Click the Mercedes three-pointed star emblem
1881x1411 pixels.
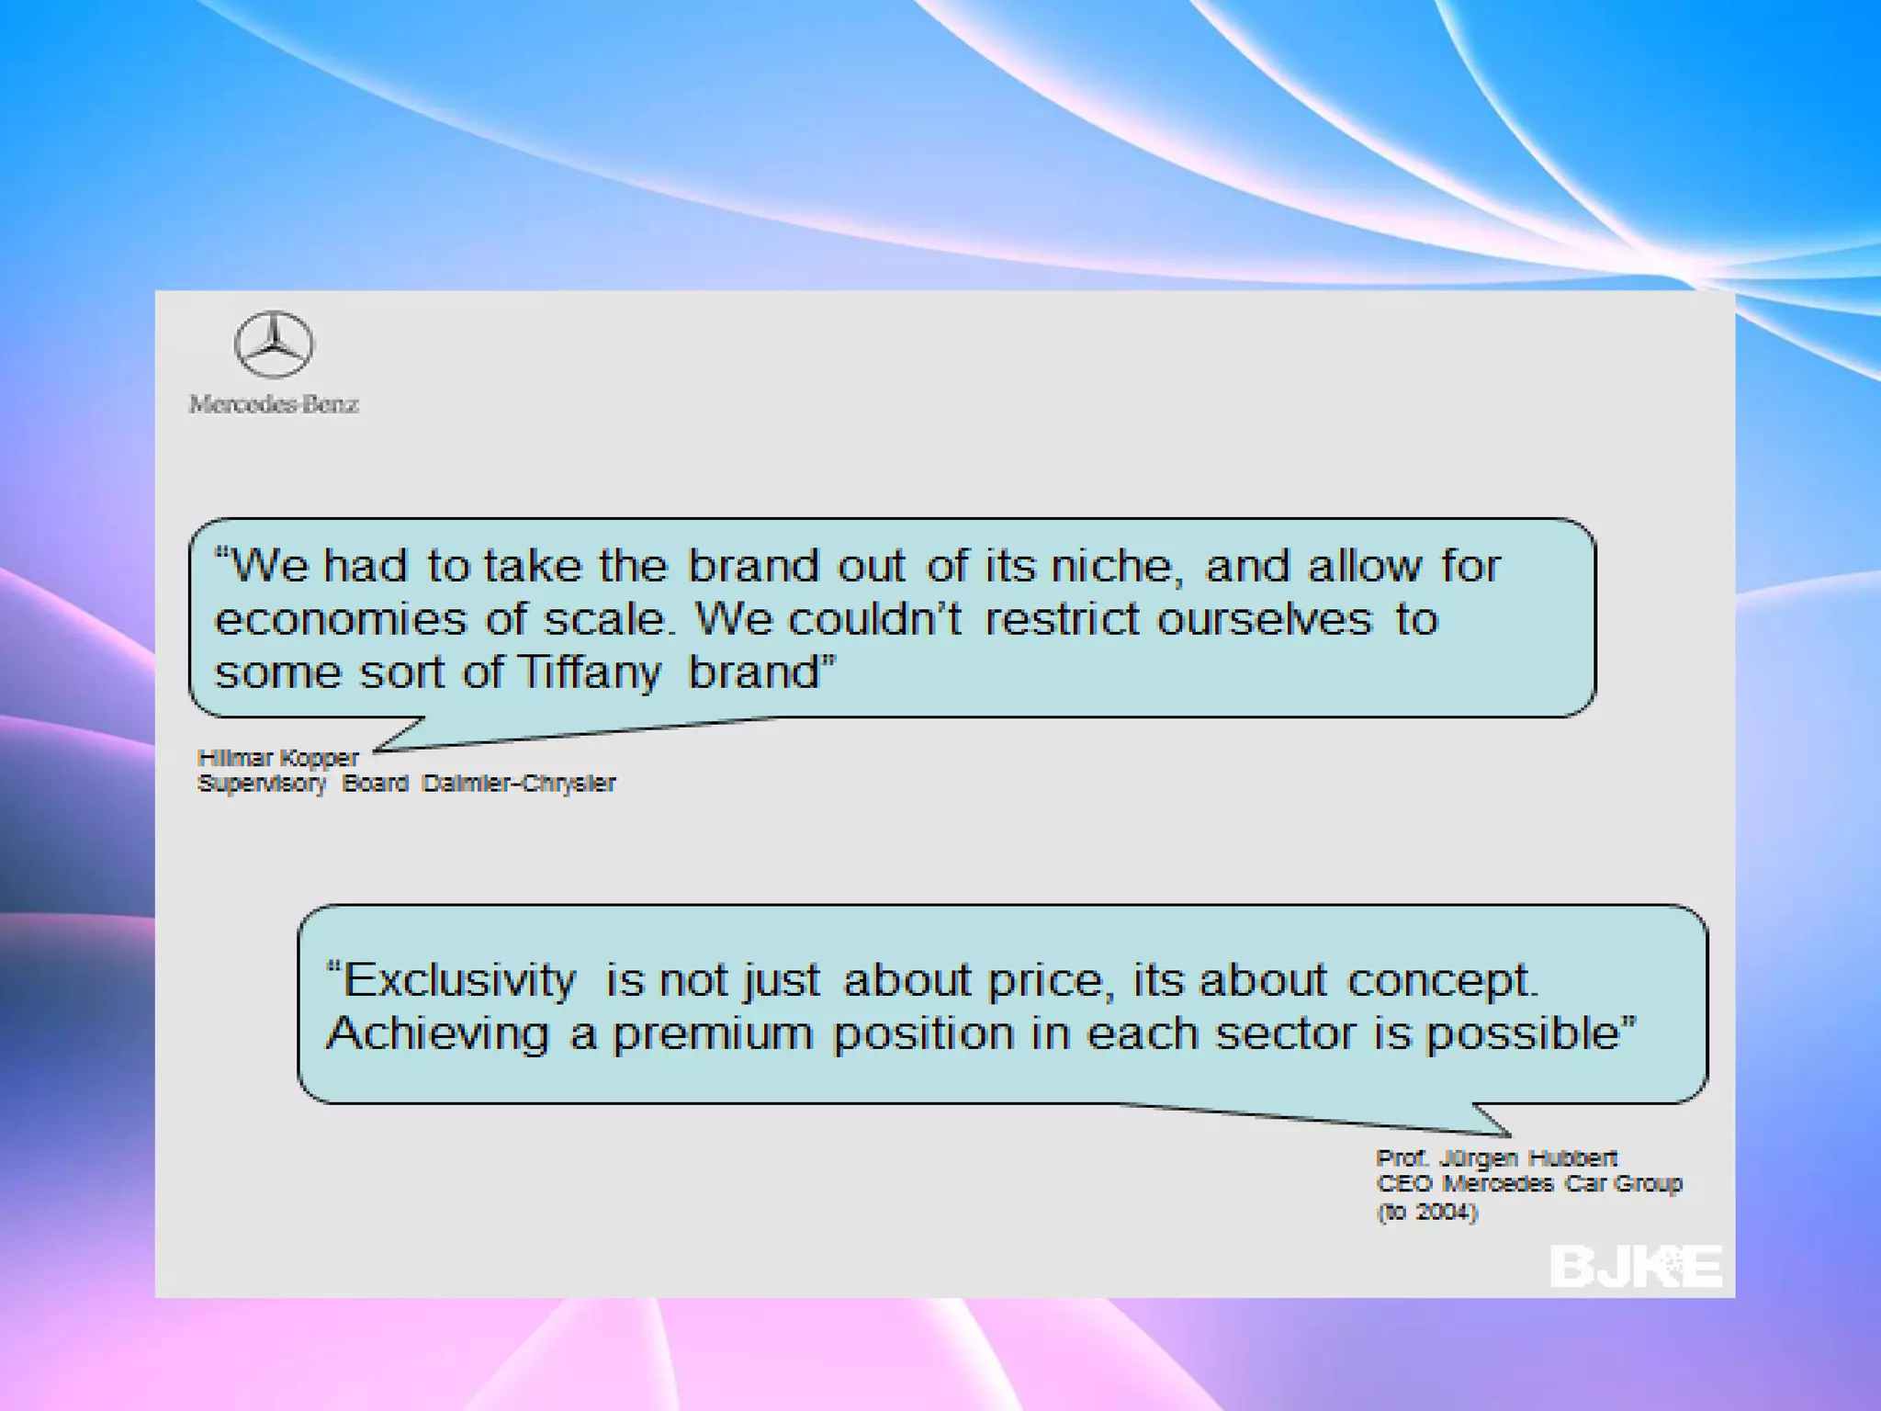[274, 344]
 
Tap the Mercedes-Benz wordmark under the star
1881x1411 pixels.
[274, 404]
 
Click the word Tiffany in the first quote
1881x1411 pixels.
[589, 672]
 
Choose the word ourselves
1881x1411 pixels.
[1264, 619]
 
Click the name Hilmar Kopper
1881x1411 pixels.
[277, 758]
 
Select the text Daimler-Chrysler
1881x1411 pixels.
[519, 784]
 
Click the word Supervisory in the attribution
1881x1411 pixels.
[262, 784]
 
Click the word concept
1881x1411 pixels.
[1441, 980]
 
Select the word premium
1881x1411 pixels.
[713, 1034]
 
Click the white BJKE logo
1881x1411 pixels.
[1636, 1267]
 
